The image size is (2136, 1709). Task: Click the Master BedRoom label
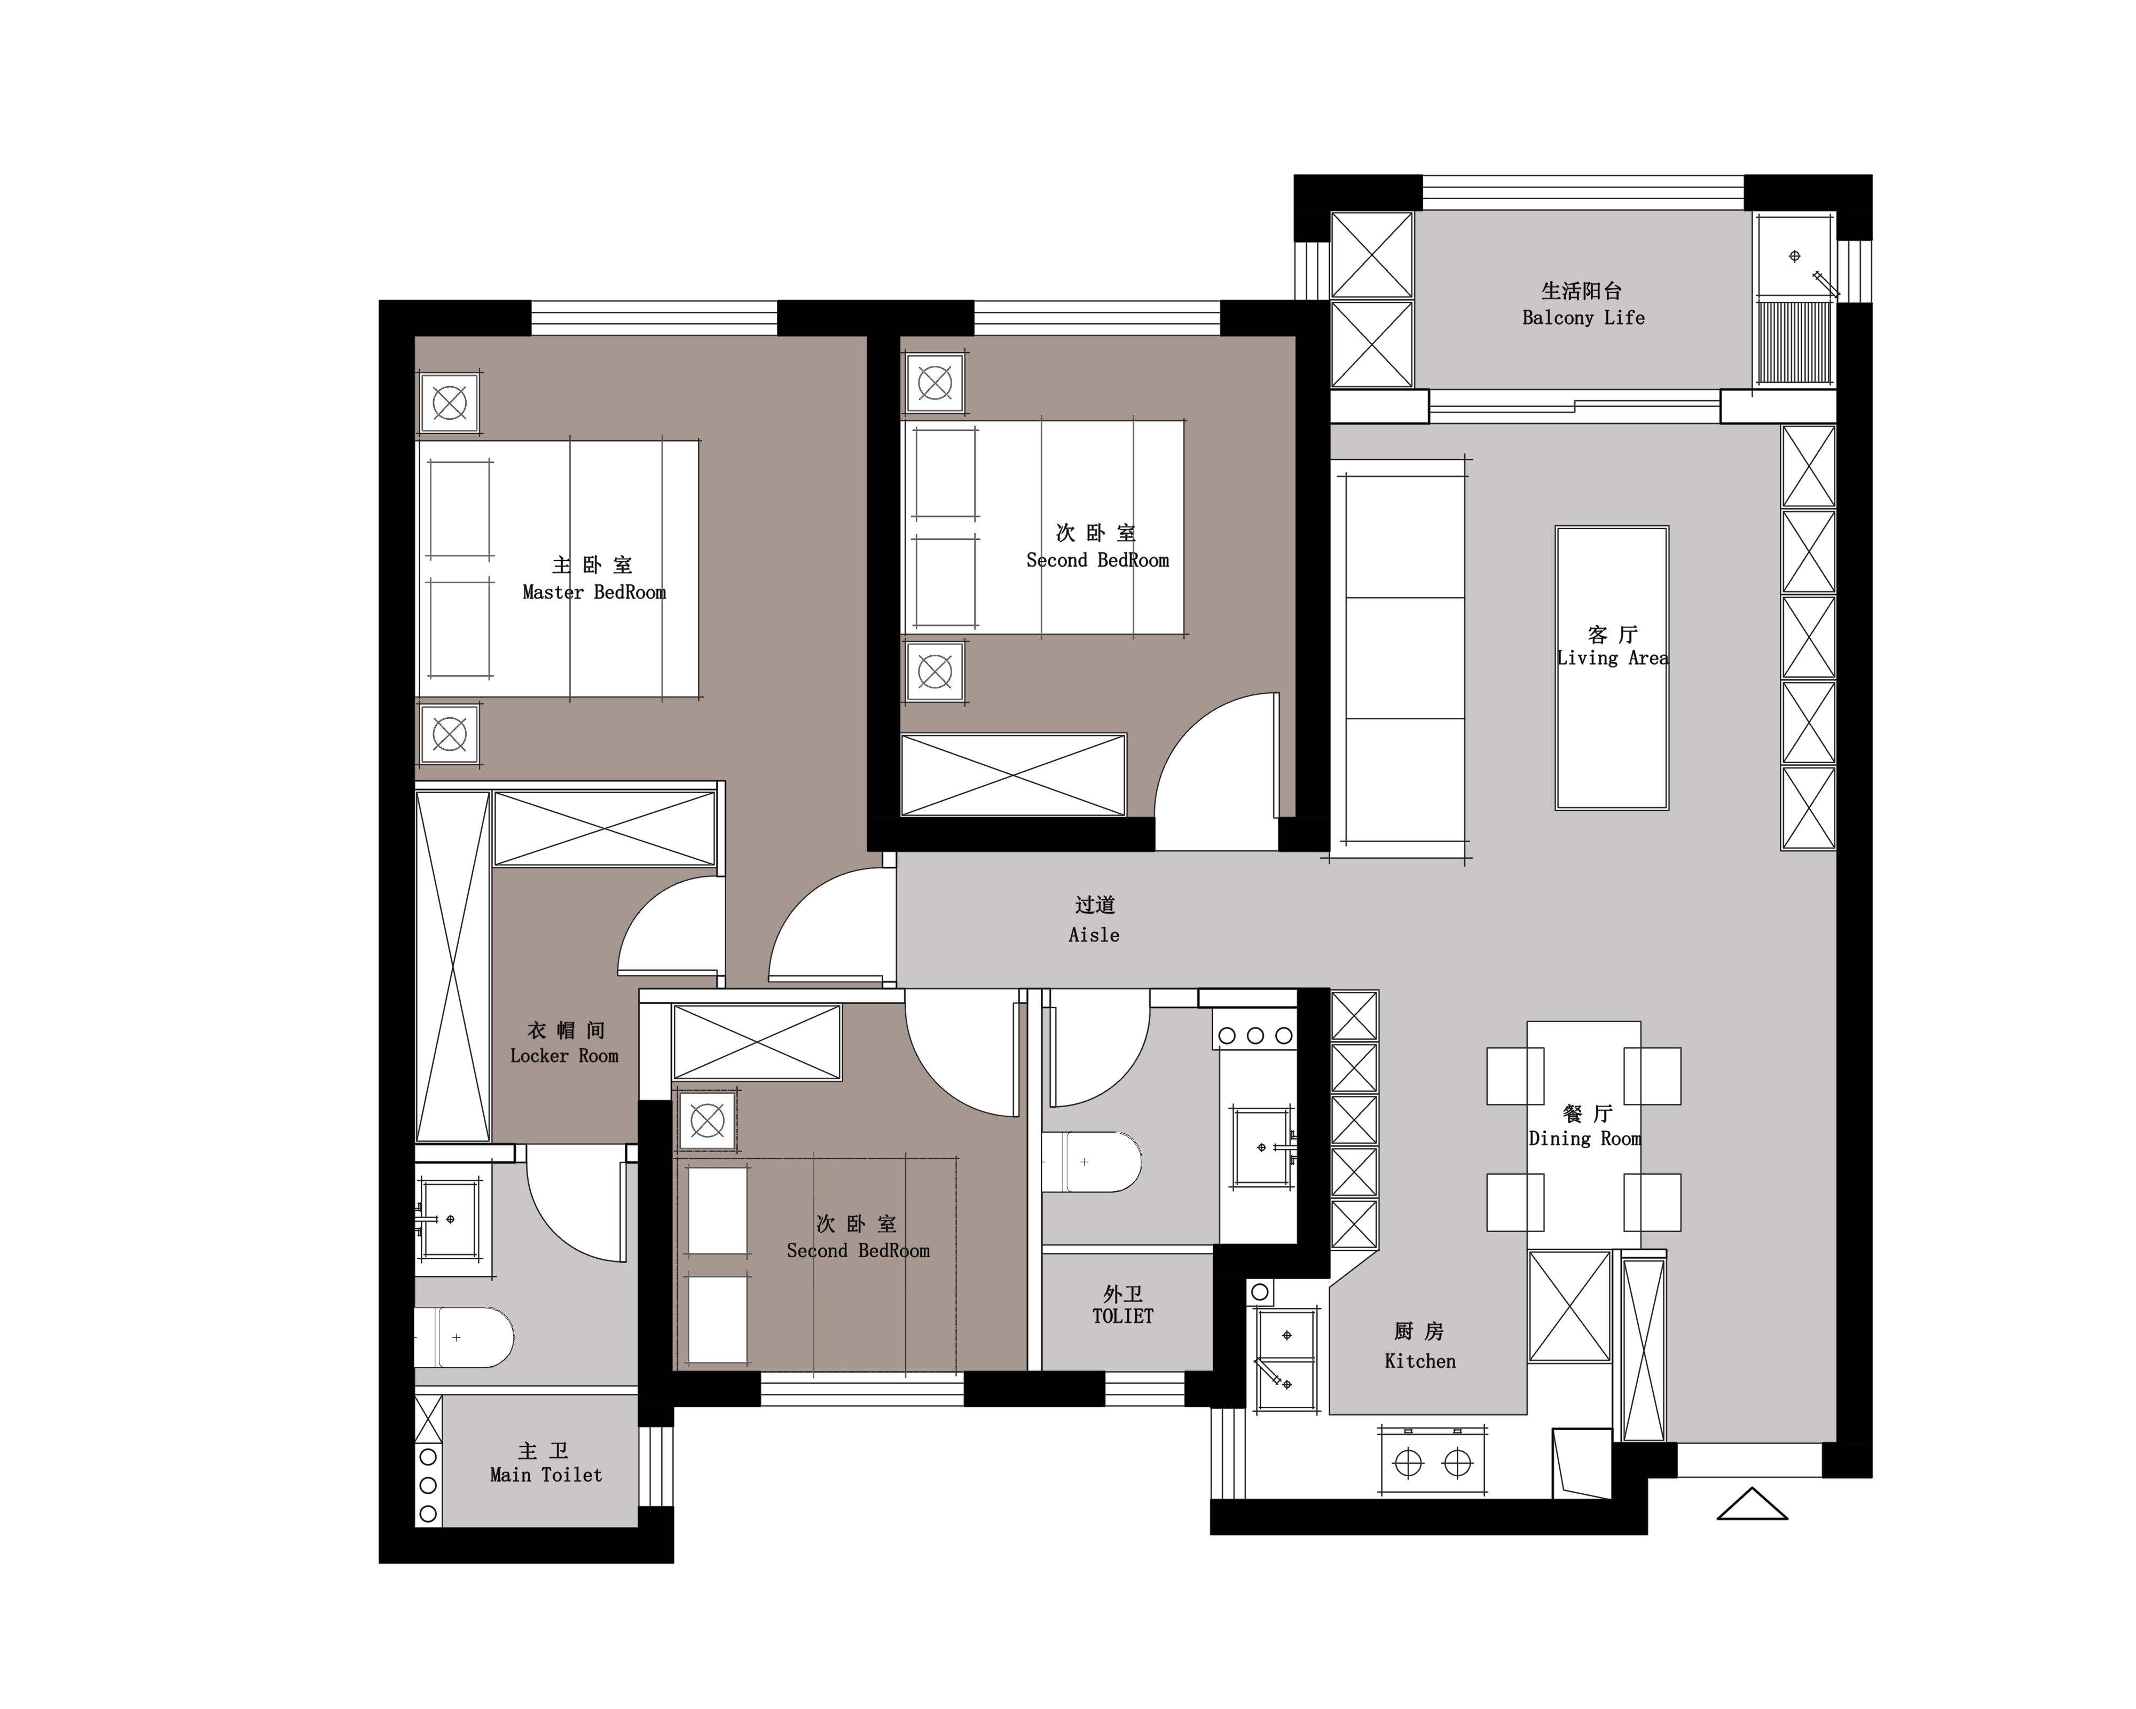pyautogui.click(x=594, y=592)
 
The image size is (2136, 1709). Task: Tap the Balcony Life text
pyautogui.click(x=1583, y=318)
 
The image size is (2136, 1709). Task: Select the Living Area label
pyautogui.click(x=1612, y=658)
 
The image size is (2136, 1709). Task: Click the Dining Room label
pyautogui.click(x=1584, y=1138)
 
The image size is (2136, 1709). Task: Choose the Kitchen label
pyautogui.click(x=1420, y=1361)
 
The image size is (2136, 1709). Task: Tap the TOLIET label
pyautogui.click(x=1122, y=1316)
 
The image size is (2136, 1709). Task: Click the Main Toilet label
pyautogui.click(x=546, y=1475)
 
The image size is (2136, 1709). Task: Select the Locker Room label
pyautogui.click(x=564, y=1056)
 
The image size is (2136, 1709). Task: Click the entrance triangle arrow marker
pyautogui.click(x=1752, y=1503)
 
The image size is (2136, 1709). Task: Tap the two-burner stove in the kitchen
pyautogui.click(x=1433, y=1460)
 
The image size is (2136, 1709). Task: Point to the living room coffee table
pyautogui.click(x=1612, y=668)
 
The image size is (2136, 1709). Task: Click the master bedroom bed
pyautogui.click(x=558, y=569)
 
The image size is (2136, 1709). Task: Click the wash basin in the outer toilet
pyautogui.click(x=1263, y=1147)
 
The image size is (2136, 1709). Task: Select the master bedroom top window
pyautogui.click(x=654, y=318)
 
